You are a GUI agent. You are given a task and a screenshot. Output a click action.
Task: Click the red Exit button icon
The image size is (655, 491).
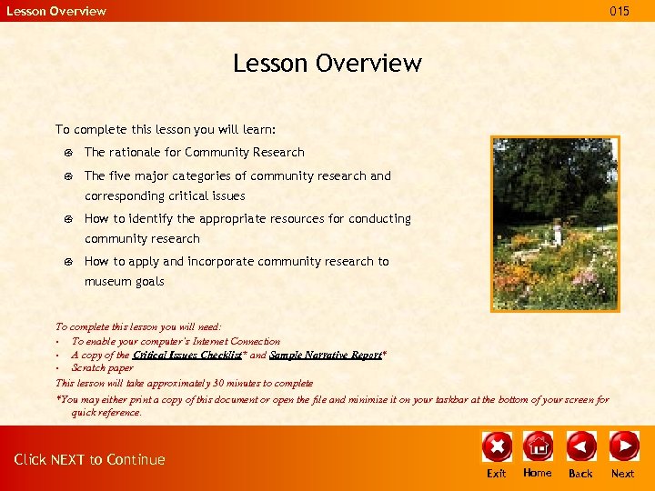[497, 446]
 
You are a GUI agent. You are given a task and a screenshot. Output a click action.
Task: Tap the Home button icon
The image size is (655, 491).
[538, 446]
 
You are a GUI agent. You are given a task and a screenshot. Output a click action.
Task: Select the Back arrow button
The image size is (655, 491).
[580, 446]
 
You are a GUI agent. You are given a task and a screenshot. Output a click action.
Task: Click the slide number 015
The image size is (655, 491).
[620, 11]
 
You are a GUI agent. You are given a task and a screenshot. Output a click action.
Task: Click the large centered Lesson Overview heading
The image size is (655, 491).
[327, 63]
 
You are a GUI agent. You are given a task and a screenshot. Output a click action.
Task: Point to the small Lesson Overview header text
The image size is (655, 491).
[56, 11]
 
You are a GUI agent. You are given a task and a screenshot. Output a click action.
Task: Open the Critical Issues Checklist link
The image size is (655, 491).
[187, 356]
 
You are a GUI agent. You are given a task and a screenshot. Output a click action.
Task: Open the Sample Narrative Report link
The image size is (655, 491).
[325, 356]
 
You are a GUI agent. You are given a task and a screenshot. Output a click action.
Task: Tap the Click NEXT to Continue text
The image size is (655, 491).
[89, 459]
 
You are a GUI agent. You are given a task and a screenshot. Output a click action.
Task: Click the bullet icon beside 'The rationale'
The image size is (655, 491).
[69, 153]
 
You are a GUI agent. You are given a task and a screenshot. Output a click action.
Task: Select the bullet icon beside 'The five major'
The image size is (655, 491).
[69, 176]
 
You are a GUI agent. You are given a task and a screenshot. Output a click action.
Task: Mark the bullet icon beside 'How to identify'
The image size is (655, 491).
[69, 219]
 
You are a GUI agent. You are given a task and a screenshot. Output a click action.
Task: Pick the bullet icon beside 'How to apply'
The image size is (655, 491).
[69, 262]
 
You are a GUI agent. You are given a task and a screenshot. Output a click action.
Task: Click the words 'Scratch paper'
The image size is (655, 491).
[102, 368]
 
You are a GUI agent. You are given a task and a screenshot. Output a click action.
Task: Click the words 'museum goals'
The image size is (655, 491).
[125, 282]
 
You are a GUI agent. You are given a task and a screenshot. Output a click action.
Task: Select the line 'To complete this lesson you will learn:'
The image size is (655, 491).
[166, 130]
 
